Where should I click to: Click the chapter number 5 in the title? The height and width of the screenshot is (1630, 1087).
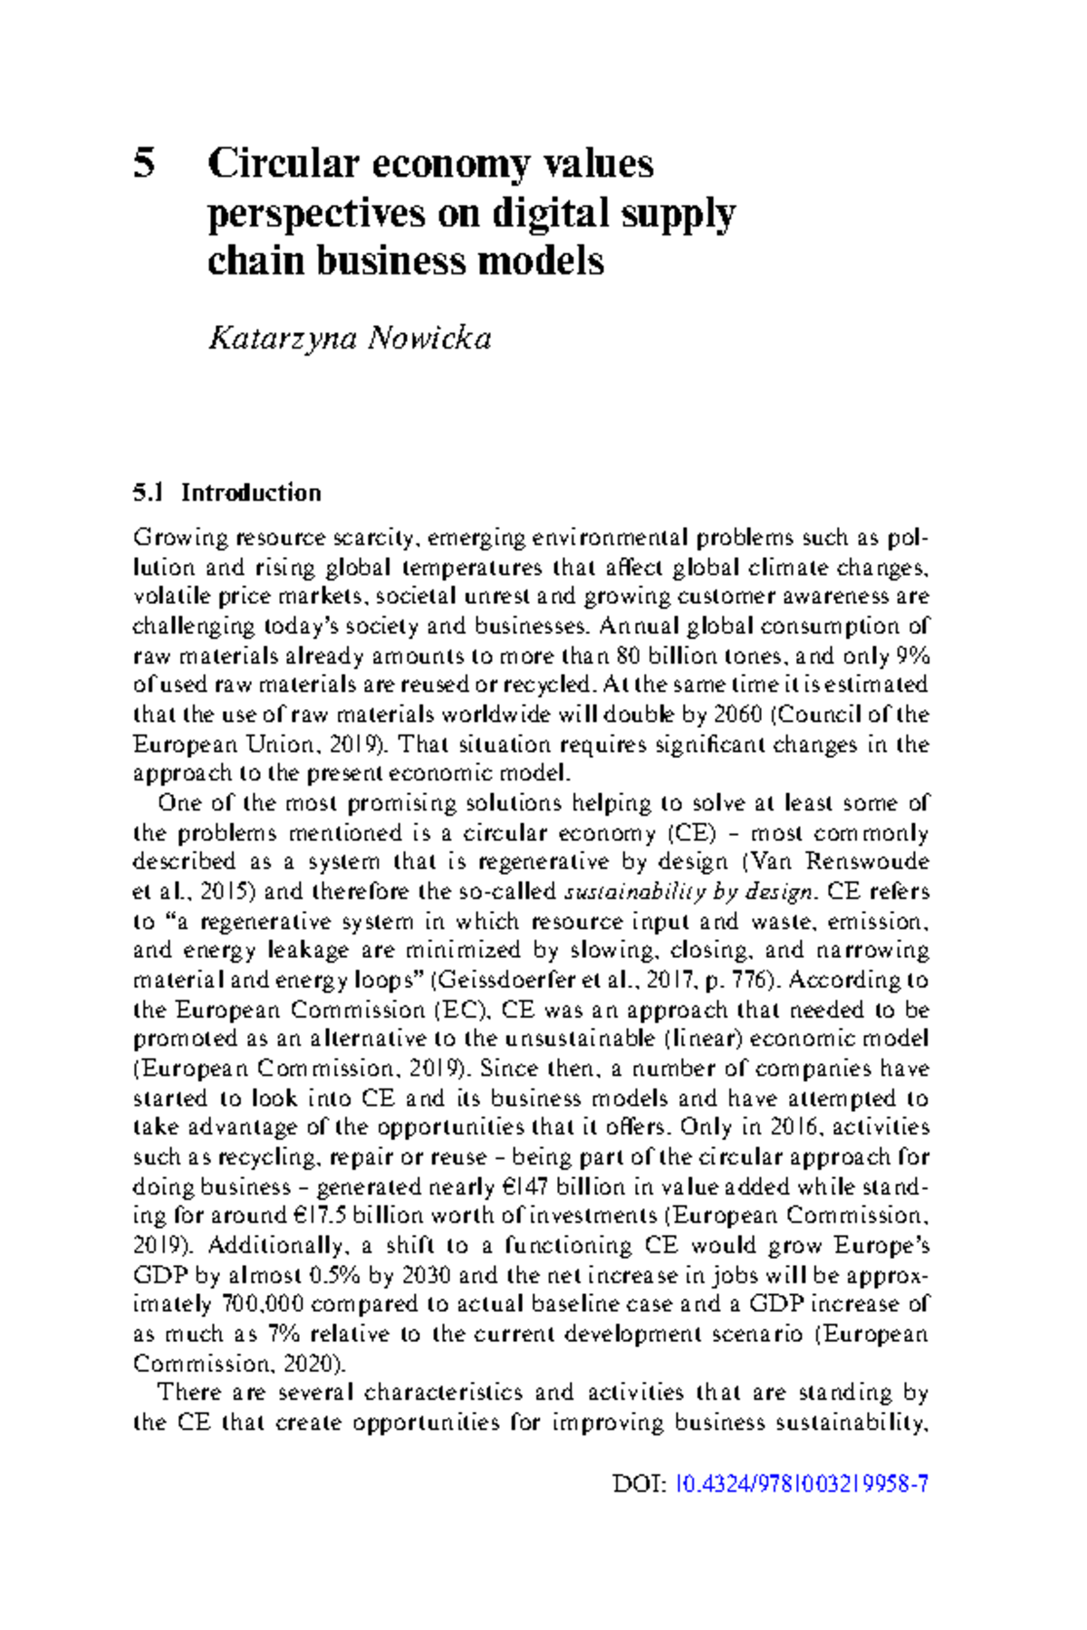tap(144, 164)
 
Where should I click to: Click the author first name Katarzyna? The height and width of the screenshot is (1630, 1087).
tap(282, 339)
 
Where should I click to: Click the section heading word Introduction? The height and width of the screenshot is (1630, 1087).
tap(251, 493)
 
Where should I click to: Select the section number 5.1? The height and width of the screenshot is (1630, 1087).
tap(149, 493)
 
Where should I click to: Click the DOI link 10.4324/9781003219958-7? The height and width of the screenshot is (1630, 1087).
tap(803, 1484)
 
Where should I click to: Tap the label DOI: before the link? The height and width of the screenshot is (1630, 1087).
tap(640, 1484)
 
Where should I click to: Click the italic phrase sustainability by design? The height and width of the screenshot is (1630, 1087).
tap(689, 892)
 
